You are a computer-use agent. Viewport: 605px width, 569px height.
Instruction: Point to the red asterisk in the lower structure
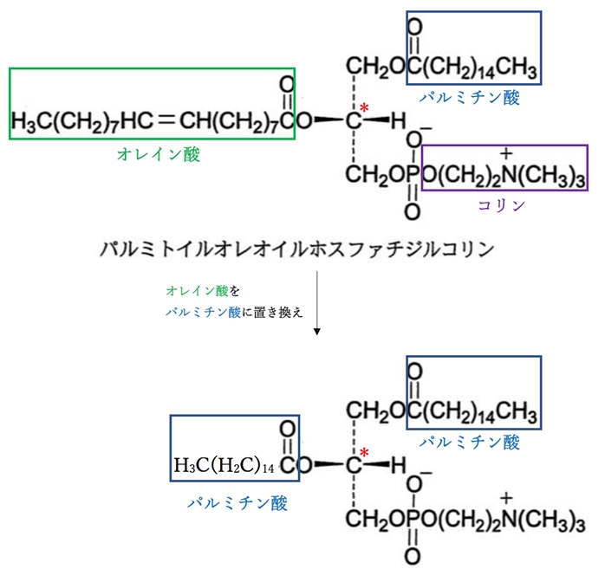click(x=365, y=452)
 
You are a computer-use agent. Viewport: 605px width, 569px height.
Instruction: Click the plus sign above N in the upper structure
click(x=504, y=153)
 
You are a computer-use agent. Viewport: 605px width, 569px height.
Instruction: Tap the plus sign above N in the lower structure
click(x=504, y=497)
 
